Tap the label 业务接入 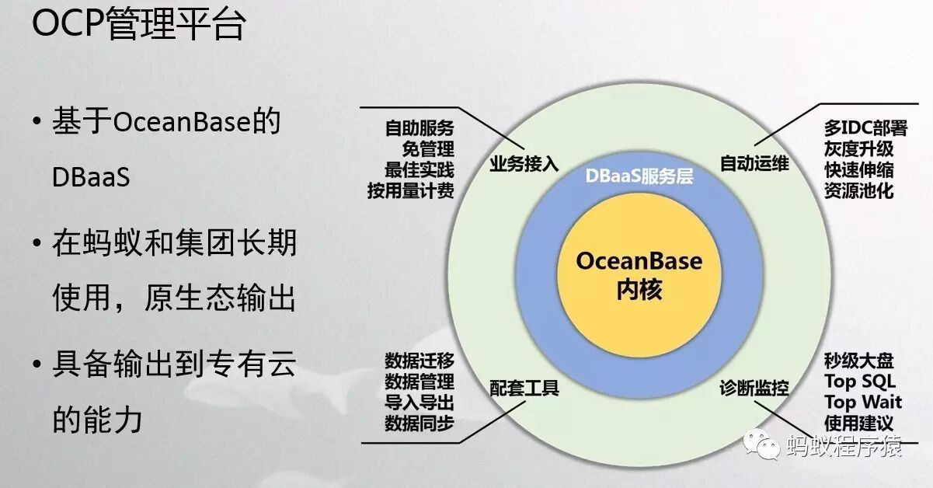click(x=524, y=165)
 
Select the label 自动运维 click(x=754, y=165)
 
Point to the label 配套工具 click(x=524, y=387)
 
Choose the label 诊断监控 click(x=754, y=387)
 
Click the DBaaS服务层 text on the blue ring click(x=639, y=176)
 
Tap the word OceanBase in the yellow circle click(x=639, y=260)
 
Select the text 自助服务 click(x=420, y=128)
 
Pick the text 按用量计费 click(x=411, y=190)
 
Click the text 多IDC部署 click(x=865, y=128)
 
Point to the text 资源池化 click(x=858, y=190)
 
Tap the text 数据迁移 click(x=420, y=361)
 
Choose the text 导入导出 click(x=420, y=403)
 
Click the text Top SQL click(x=859, y=382)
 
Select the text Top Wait click(x=862, y=403)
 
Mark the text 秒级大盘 click(x=858, y=361)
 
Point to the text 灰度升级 click(x=858, y=148)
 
